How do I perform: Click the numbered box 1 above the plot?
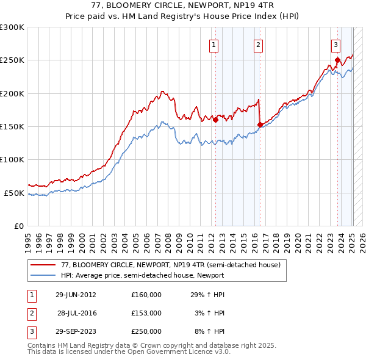point(215,44)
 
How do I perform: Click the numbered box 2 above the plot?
point(259,44)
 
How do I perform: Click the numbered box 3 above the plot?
point(336,44)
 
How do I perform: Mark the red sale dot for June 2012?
point(215,120)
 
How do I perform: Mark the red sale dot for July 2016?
point(260,124)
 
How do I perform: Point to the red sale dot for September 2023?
point(337,60)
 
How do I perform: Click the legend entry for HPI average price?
point(142,275)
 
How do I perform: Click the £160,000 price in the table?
point(146,295)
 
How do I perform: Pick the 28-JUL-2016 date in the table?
point(77,313)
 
